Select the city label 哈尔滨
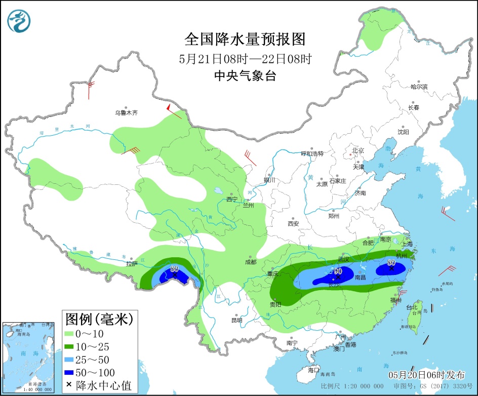coord(419,87)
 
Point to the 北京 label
coord(358,150)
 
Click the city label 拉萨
coord(132,264)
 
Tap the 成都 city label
coord(250,262)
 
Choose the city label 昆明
coord(236,320)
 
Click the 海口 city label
coord(313,369)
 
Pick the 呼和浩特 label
coord(312,153)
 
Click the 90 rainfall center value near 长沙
coord(338,271)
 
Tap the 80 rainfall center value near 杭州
coord(391,263)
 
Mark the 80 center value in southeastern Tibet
coord(175,269)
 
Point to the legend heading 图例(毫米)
coord(99,319)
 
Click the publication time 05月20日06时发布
coord(426,375)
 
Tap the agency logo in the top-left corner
coord(19,21)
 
